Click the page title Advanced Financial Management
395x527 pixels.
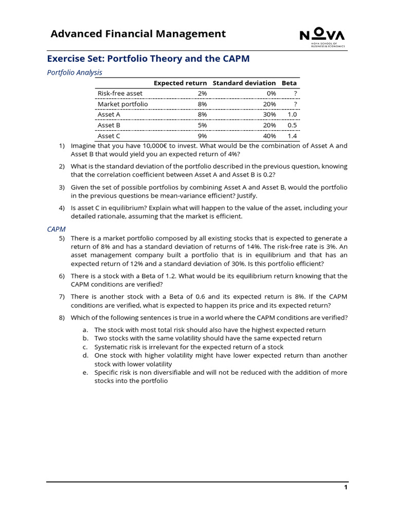tap(138, 34)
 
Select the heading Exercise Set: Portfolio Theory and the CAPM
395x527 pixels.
tap(148, 59)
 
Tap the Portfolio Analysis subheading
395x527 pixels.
tap(75, 73)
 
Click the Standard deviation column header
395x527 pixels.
tap(244, 83)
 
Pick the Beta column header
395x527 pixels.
tap(289, 83)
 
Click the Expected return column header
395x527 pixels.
tap(180, 83)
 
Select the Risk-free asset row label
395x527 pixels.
tap(120, 93)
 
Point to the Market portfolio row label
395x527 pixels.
tap(123, 104)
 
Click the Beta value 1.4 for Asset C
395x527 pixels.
tap(292, 136)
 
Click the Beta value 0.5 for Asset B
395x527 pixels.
tap(292, 125)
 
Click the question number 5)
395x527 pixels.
tap(62, 238)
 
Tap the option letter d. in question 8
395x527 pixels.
tap(85, 356)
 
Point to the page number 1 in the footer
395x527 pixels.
tap(346, 487)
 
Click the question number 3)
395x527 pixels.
tap(62, 187)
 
